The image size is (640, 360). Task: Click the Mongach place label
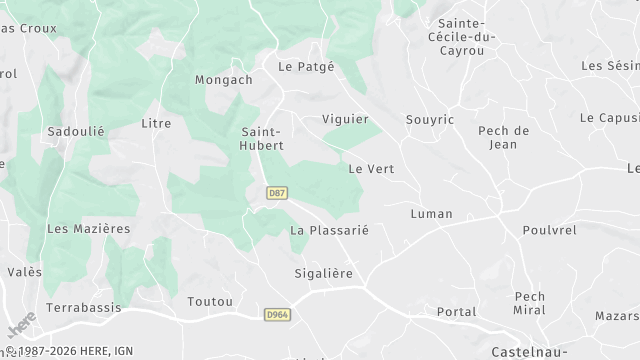222,80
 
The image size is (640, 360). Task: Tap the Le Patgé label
305,67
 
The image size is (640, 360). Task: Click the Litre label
157,123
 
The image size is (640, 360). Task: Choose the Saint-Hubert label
263,138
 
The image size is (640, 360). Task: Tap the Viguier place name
345,119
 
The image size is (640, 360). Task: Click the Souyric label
430,120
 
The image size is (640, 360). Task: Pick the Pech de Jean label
503,137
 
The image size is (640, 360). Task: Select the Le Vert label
370,168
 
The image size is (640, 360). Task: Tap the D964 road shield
278,315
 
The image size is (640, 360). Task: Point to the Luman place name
431,214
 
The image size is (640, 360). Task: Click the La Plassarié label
329,230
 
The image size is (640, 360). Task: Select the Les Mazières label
88,228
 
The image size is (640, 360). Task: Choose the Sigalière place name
324,272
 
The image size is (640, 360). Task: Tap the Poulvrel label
549,229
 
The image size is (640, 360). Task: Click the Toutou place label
210,301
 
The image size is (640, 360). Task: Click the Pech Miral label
529,303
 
